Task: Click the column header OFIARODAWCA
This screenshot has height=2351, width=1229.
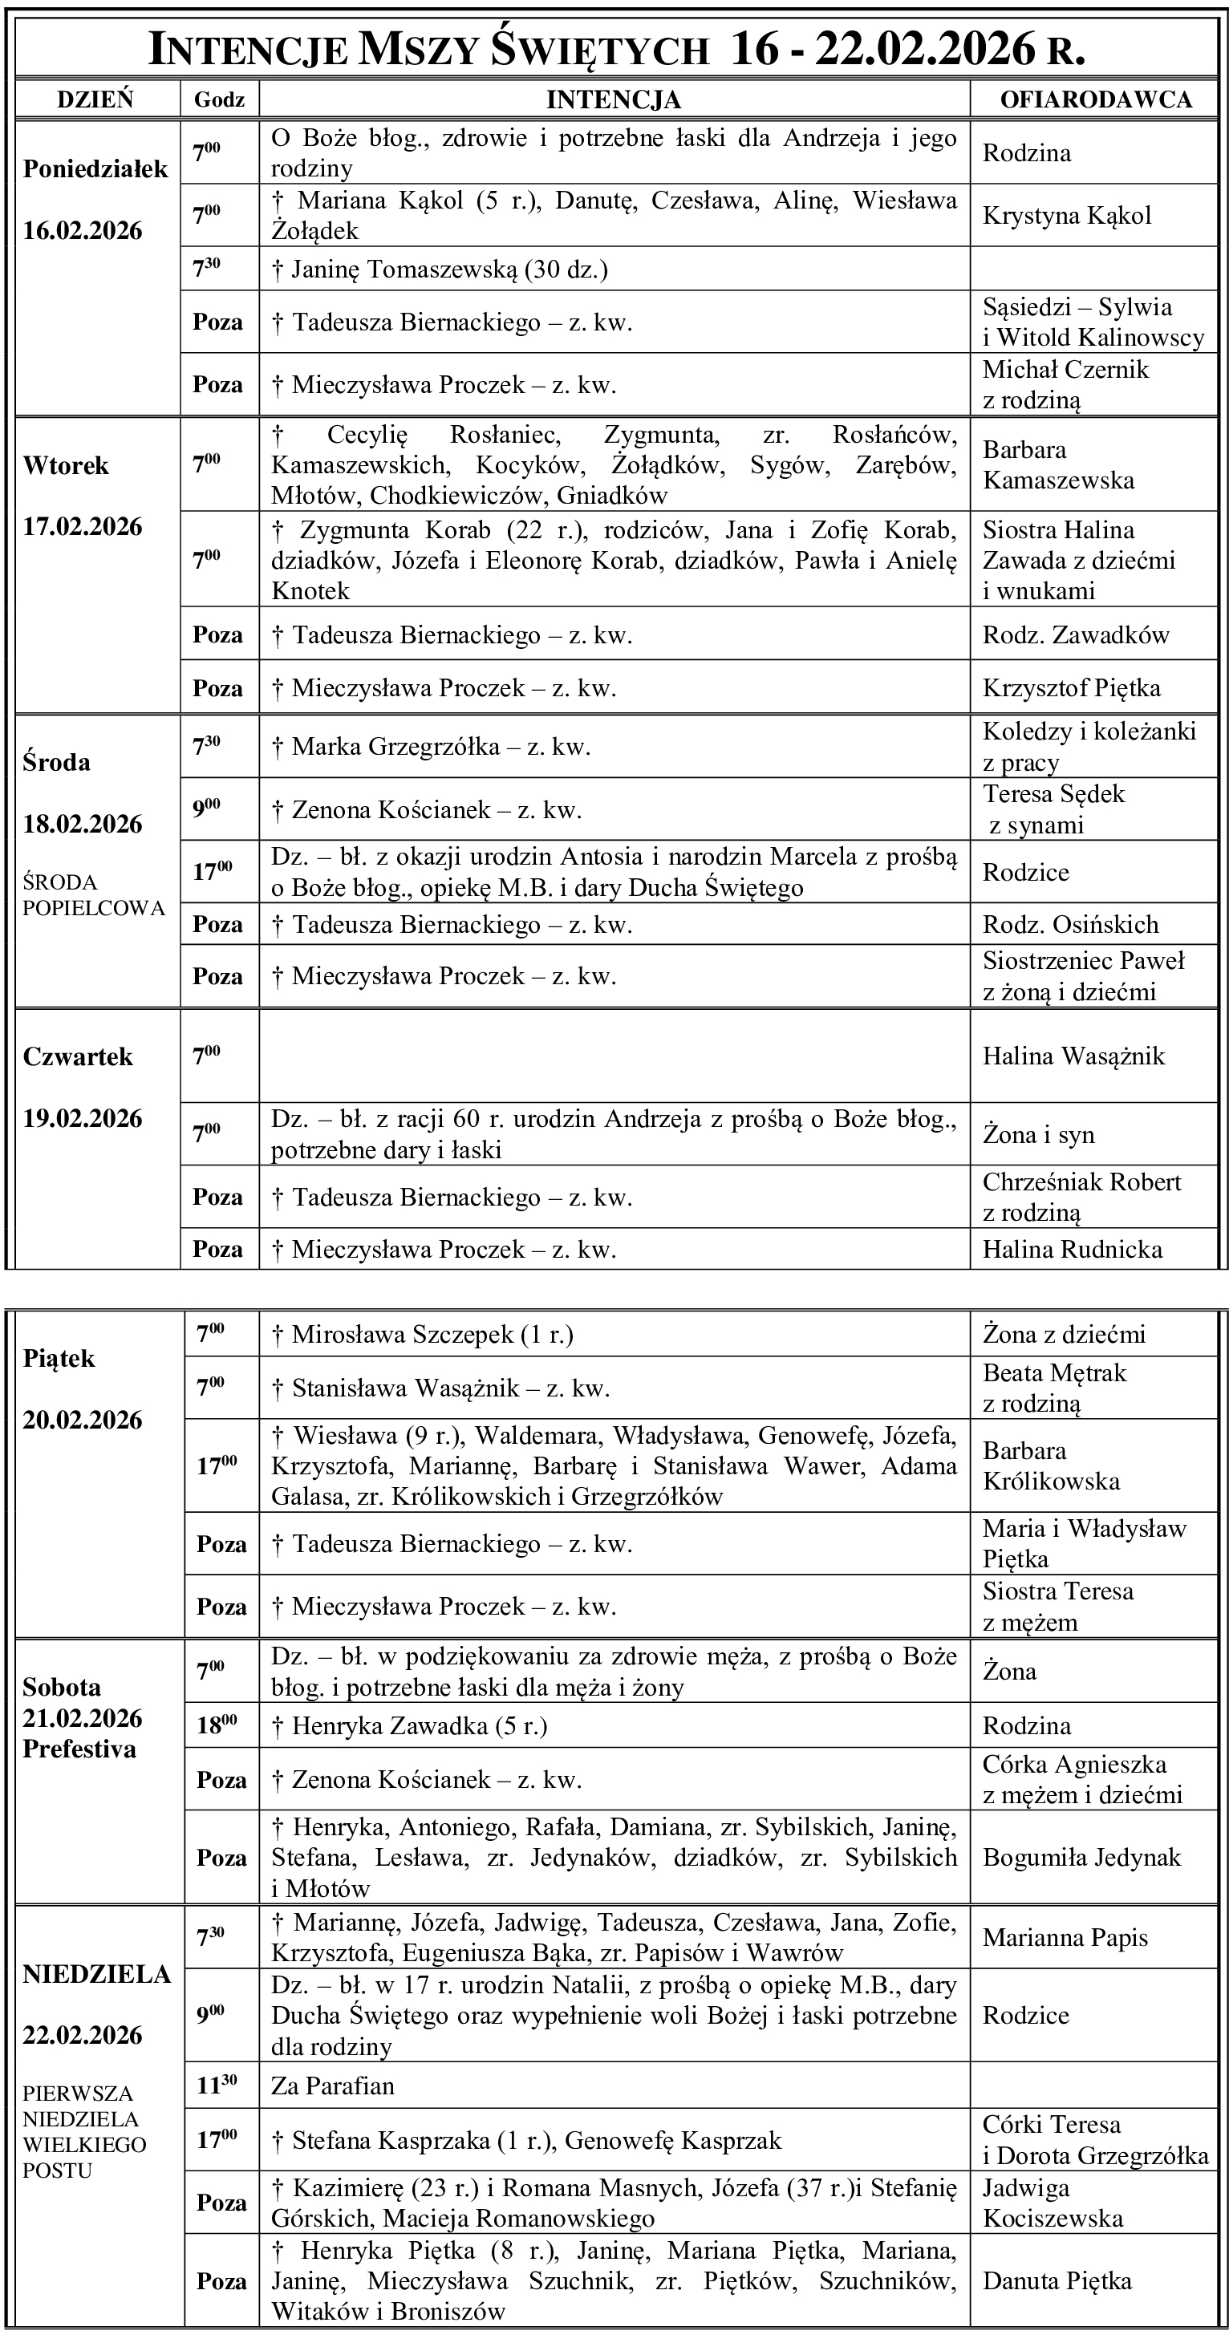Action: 1095,99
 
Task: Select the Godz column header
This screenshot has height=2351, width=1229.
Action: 219,99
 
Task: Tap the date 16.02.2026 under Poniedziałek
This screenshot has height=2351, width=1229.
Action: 83,230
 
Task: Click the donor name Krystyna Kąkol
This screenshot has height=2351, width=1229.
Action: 1066,217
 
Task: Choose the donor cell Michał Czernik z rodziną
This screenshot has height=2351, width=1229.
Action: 1065,384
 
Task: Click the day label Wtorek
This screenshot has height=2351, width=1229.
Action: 66,465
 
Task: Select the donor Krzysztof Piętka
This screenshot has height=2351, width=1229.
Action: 1071,688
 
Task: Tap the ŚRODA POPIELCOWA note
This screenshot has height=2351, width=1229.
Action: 94,895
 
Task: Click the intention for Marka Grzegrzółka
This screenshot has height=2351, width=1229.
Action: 431,748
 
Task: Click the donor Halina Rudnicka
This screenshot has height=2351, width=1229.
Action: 1072,1250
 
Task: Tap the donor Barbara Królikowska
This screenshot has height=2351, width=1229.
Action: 1051,1465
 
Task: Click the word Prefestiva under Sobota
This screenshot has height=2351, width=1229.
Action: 79,1749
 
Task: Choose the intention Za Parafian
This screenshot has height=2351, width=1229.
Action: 332,2087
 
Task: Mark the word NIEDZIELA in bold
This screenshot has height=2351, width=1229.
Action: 97,1974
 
